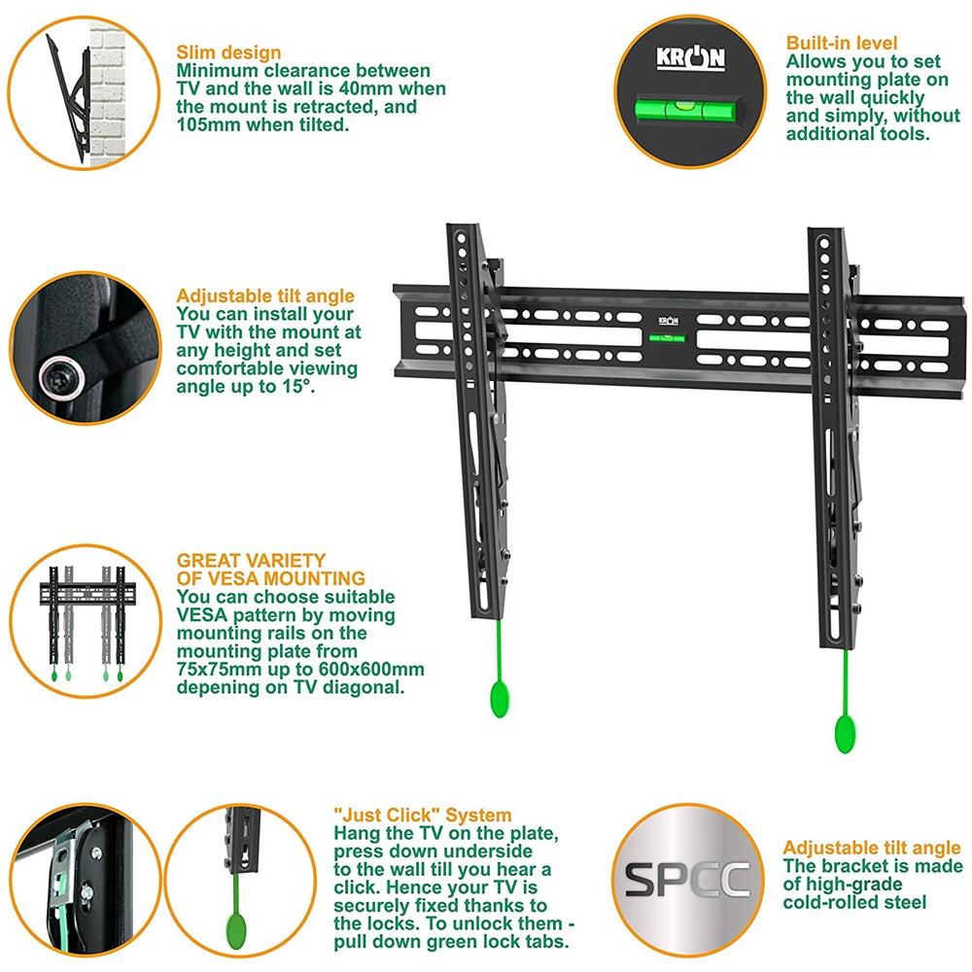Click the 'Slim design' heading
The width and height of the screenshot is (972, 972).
pyautogui.click(x=228, y=52)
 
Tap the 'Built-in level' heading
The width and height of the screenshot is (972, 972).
pyautogui.click(x=841, y=43)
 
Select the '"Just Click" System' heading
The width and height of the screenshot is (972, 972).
pyautogui.click(x=423, y=815)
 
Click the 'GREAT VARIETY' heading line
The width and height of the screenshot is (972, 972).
pyautogui.click(x=251, y=561)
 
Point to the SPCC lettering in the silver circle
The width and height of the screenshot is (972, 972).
pyautogui.click(x=687, y=880)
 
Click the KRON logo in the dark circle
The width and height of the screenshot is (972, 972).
pyautogui.click(x=690, y=57)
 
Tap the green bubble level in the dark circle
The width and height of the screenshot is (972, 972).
pyautogui.click(x=688, y=110)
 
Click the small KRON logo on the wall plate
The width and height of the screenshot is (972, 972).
pyautogui.click(x=668, y=321)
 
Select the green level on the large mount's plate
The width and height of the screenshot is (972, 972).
pyautogui.click(x=667, y=338)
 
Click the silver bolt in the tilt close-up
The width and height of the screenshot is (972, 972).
pyautogui.click(x=60, y=377)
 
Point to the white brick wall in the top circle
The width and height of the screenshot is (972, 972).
pyautogui.click(x=109, y=93)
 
